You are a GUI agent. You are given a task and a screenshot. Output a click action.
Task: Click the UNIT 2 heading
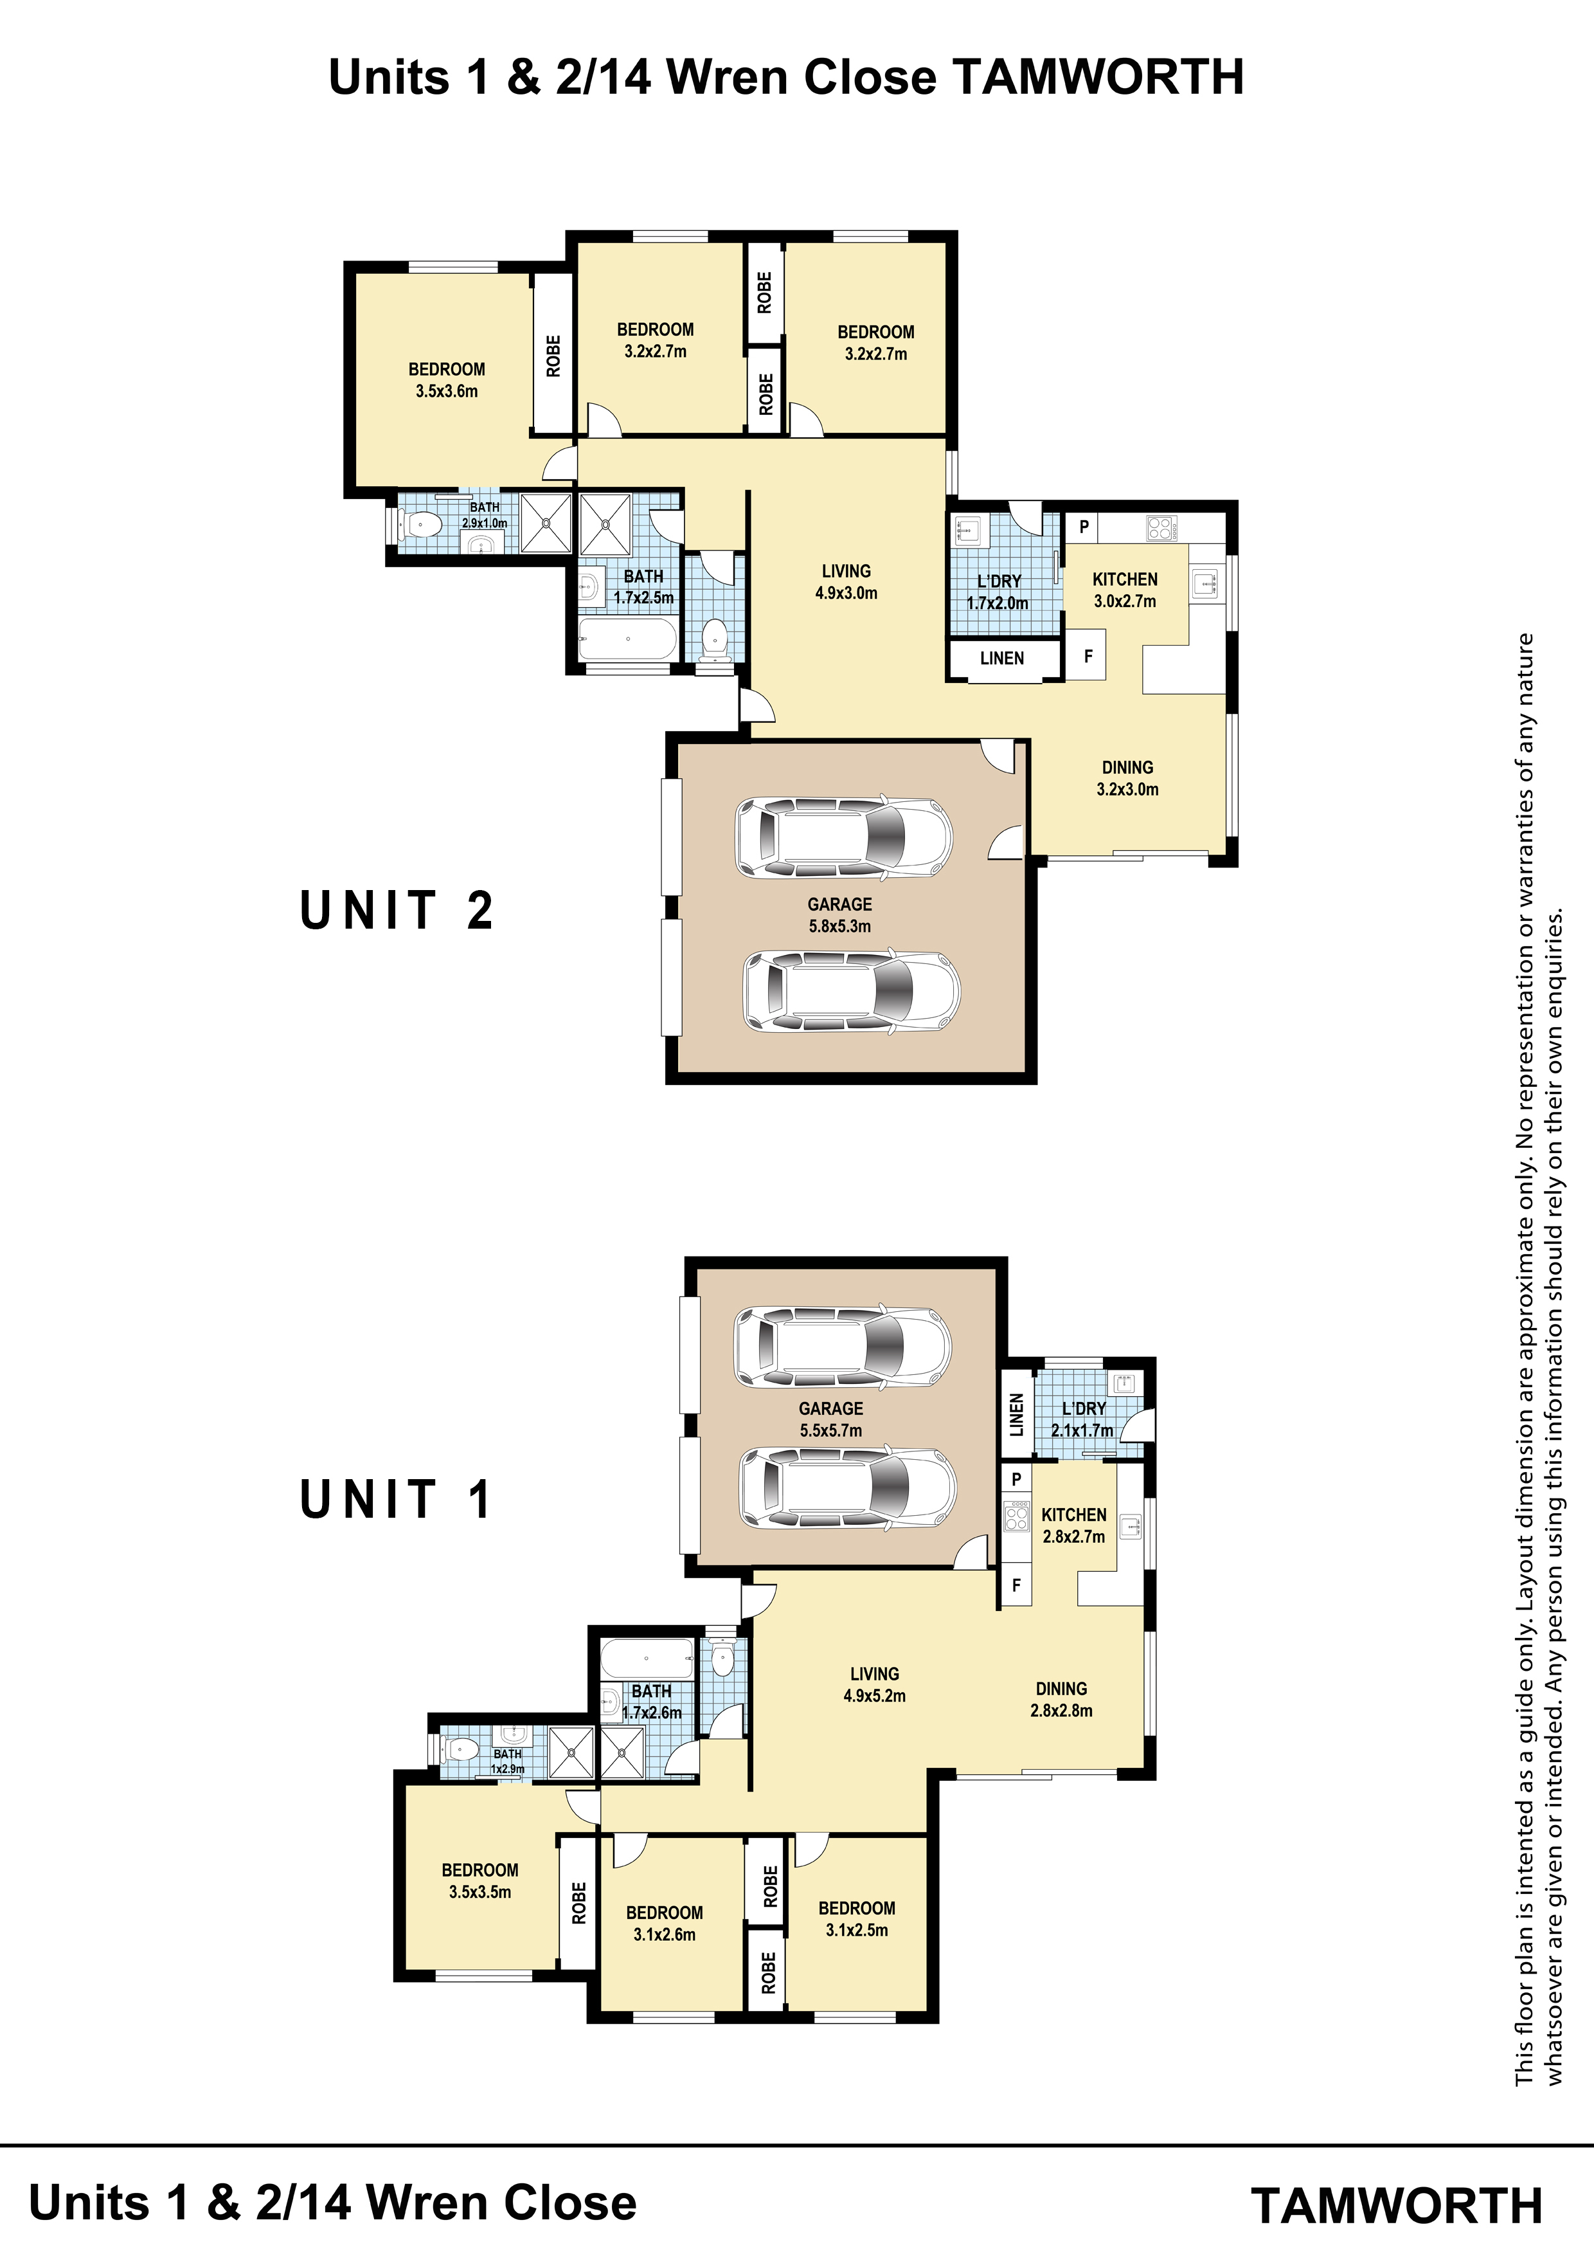(396, 910)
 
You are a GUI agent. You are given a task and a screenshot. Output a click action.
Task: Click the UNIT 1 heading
(395, 1500)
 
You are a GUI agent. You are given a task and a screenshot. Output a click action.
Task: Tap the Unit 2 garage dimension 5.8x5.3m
(839, 925)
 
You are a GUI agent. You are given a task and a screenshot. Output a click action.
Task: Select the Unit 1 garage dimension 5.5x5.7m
(831, 1431)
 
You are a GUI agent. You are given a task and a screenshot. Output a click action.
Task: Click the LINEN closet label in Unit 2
(1002, 659)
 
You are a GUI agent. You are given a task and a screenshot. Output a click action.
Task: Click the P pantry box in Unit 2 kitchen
(1084, 527)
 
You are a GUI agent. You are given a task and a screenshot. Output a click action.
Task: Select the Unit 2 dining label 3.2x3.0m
(1127, 789)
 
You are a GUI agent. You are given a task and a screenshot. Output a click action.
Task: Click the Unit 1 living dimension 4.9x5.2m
(874, 1695)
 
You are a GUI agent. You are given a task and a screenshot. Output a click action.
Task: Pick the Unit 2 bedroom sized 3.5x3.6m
(447, 380)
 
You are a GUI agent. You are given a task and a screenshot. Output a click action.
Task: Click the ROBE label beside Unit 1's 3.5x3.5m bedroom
(578, 1903)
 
